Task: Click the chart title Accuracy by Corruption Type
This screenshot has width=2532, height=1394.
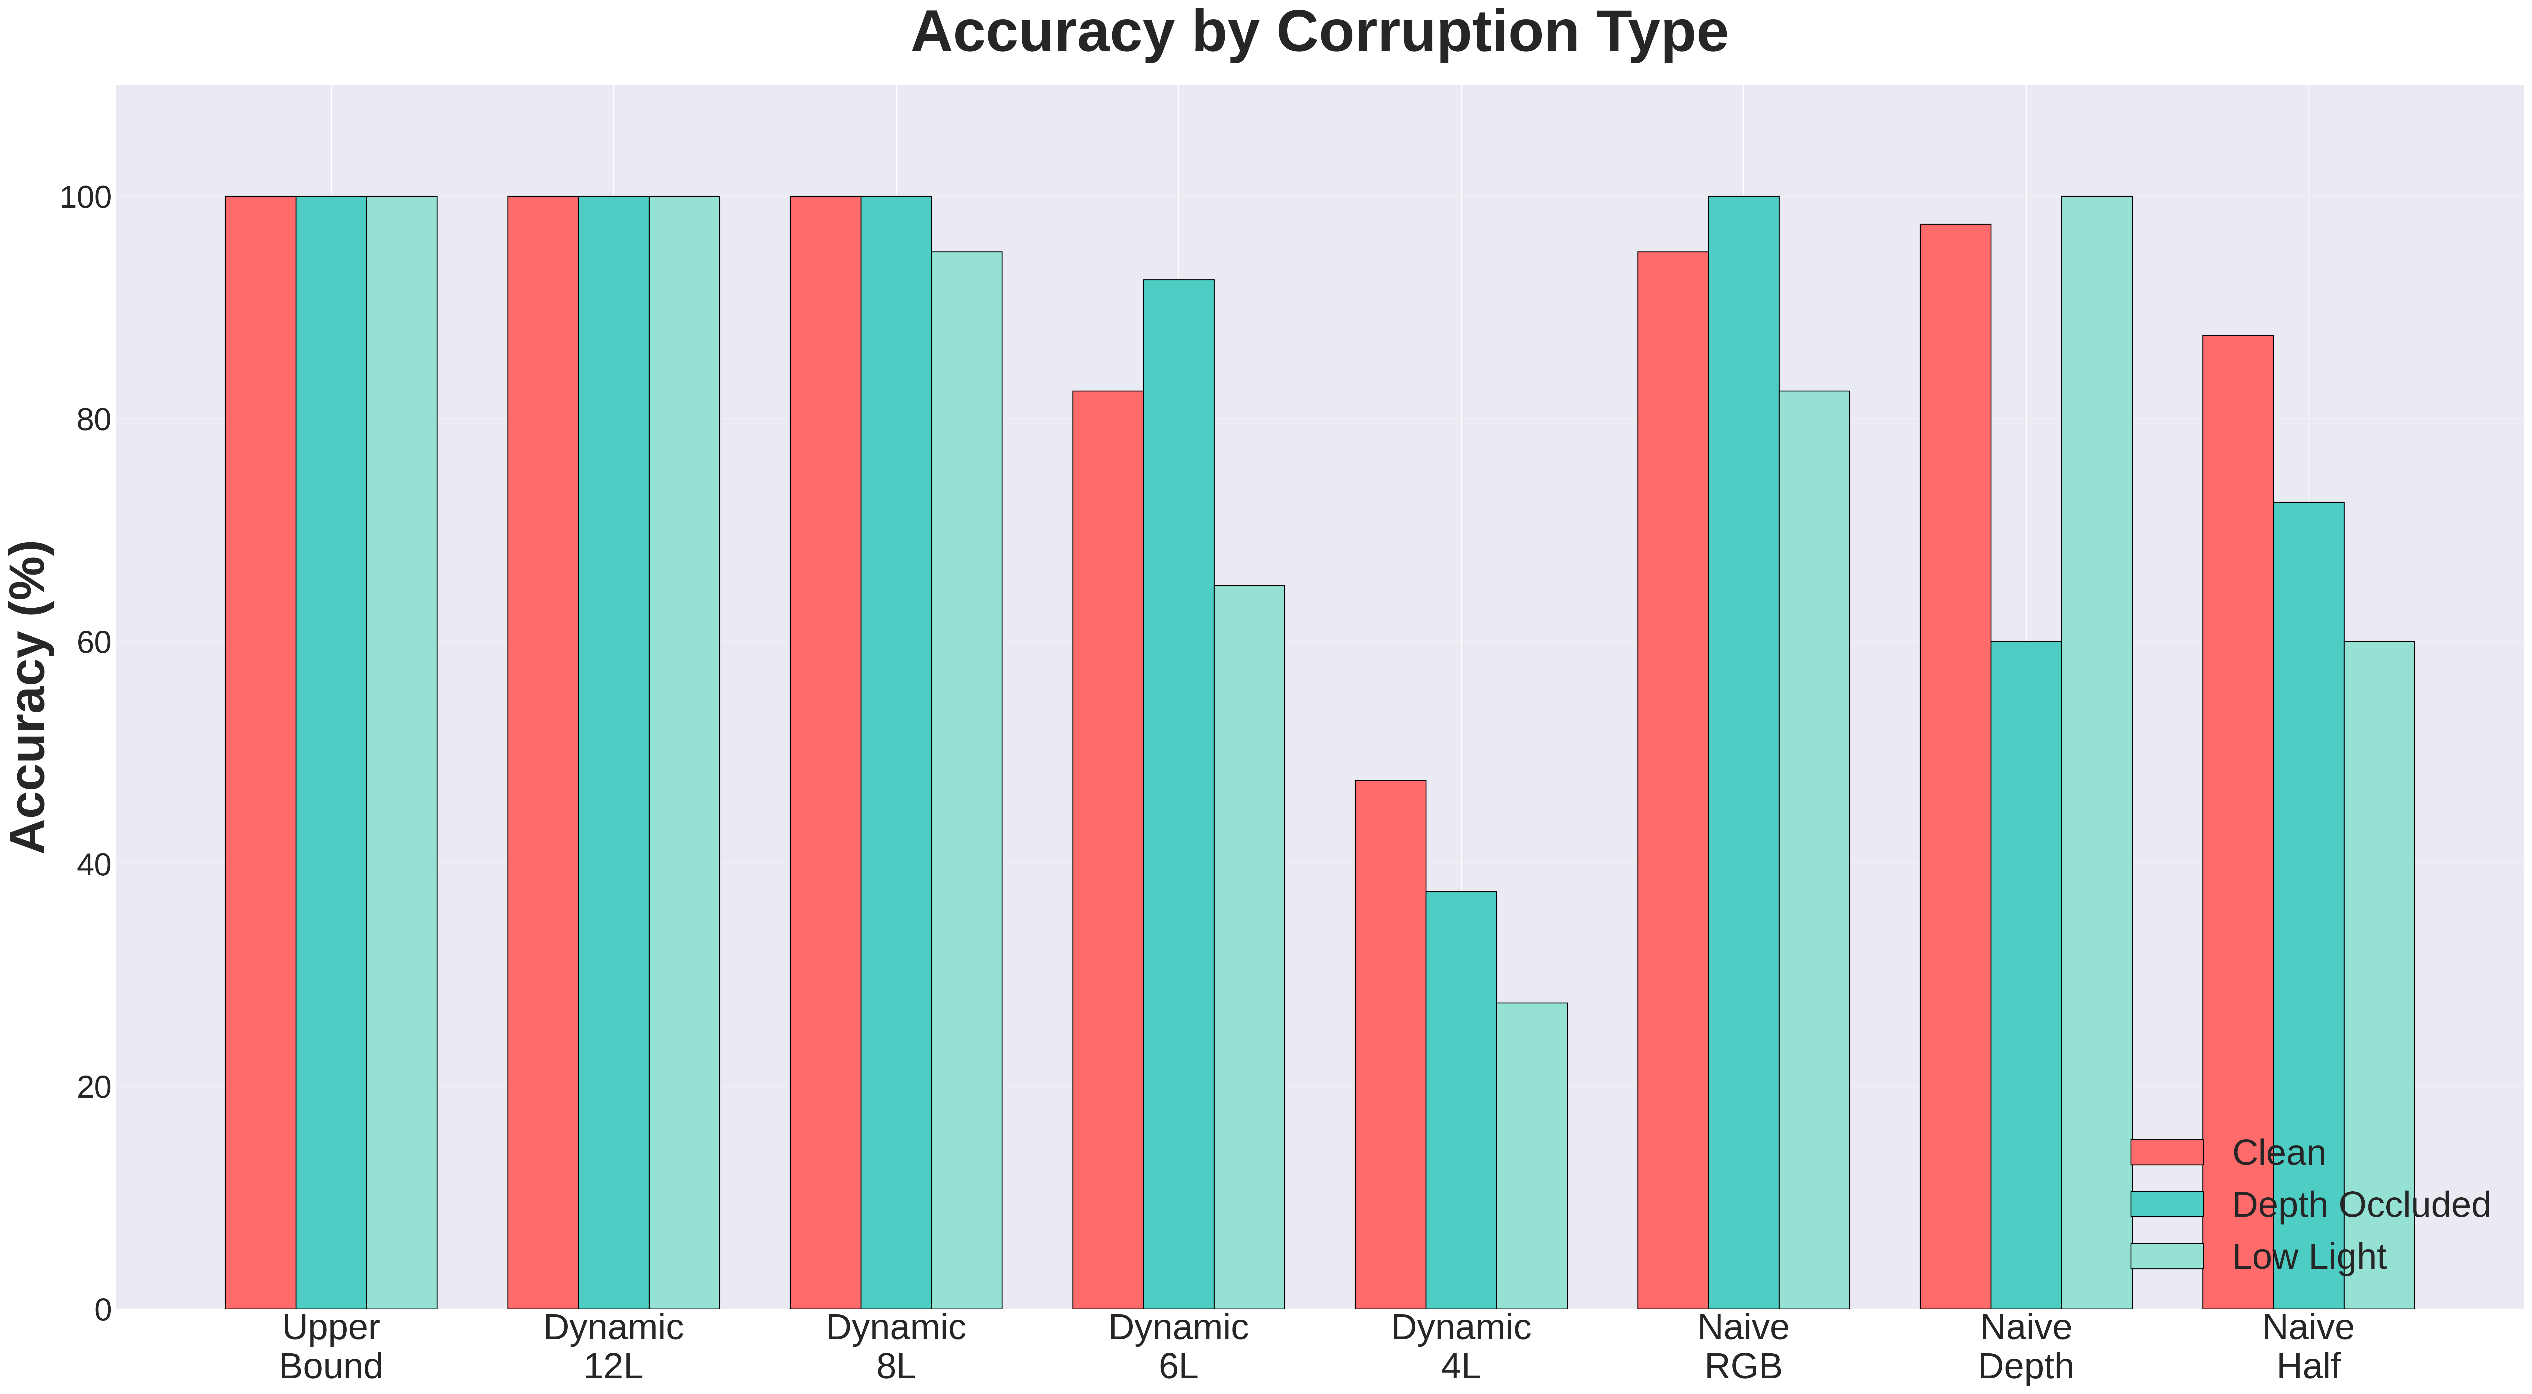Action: (x=1319, y=33)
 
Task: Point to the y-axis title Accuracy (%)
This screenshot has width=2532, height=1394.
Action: (x=30, y=696)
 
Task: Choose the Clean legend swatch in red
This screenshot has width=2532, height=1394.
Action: (x=2166, y=1152)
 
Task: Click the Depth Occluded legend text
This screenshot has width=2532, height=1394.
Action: (x=2360, y=1204)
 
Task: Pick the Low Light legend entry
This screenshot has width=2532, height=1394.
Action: (x=2309, y=1256)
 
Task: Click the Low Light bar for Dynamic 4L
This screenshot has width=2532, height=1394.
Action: (x=1531, y=1155)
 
